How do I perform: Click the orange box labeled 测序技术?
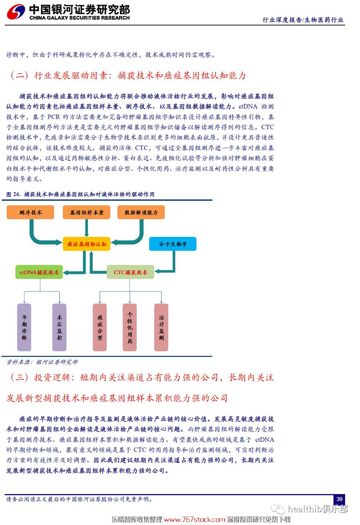pos(30,212)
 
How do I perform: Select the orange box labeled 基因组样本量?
pos(87,212)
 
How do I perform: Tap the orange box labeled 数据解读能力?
pos(141,212)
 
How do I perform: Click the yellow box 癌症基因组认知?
pos(87,244)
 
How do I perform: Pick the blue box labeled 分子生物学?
pos(173,244)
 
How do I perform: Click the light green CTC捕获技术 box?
pos(131,272)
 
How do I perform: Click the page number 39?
pos(339,499)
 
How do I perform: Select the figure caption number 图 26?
pos(13,194)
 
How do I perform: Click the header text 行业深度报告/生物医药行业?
pos(303,20)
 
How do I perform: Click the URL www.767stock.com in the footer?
pos(195,519)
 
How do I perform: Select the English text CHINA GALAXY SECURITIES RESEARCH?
pos(79,18)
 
